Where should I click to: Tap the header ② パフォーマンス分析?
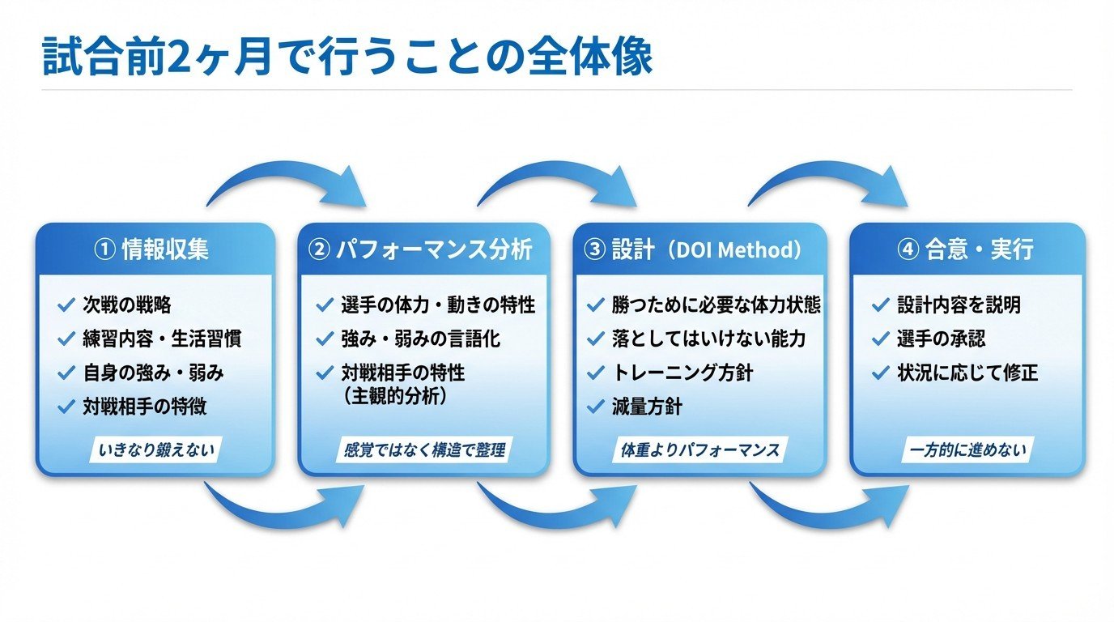pyautogui.click(x=422, y=249)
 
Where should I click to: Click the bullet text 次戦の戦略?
pyautogui.click(x=127, y=305)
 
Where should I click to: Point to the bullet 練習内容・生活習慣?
pyautogui.click(x=162, y=339)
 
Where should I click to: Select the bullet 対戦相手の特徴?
pyautogui.click(x=144, y=407)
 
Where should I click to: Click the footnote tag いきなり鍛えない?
pyautogui.click(x=155, y=449)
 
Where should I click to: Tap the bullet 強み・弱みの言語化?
pyautogui.click(x=421, y=339)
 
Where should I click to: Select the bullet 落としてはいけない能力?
pyautogui.click(x=708, y=339)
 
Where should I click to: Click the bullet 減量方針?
pyautogui.click(x=647, y=407)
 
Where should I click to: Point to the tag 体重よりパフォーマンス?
pyautogui.click(x=699, y=449)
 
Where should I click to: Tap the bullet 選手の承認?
pyautogui.click(x=941, y=339)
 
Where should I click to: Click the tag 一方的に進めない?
pyautogui.click(x=967, y=449)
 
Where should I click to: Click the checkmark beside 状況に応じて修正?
pyautogui.click(x=881, y=373)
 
